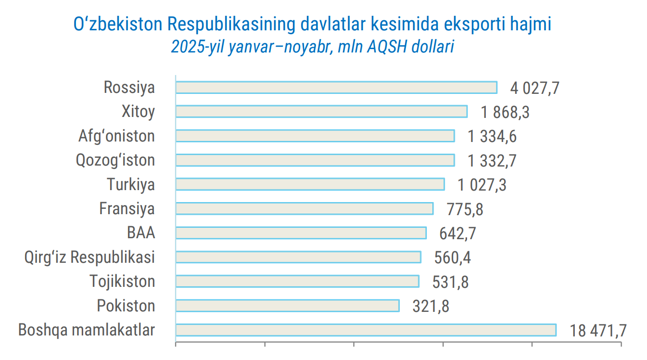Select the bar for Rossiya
pyautogui.click(x=336, y=88)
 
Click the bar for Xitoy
pyautogui.click(x=321, y=112)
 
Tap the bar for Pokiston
pyautogui.click(x=287, y=306)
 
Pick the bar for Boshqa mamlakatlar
pyautogui.click(x=366, y=330)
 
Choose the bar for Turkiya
pyautogui.click(x=310, y=184)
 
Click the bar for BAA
pyautogui.click(x=301, y=233)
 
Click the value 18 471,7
pyautogui.click(x=598, y=331)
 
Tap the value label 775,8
pyautogui.click(x=465, y=210)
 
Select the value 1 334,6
pyautogui.click(x=492, y=137)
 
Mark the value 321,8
pyautogui.click(x=431, y=307)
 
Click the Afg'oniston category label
pyautogui.click(x=116, y=136)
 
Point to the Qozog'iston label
pyautogui.click(x=115, y=160)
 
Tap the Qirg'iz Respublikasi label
pyautogui.click(x=89, y=257)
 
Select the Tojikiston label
pyautogui.click(x=122, y=282)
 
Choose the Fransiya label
pyautogui.click(x=127, y=209)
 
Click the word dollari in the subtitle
pyautogui.click(x=433, y=47)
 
